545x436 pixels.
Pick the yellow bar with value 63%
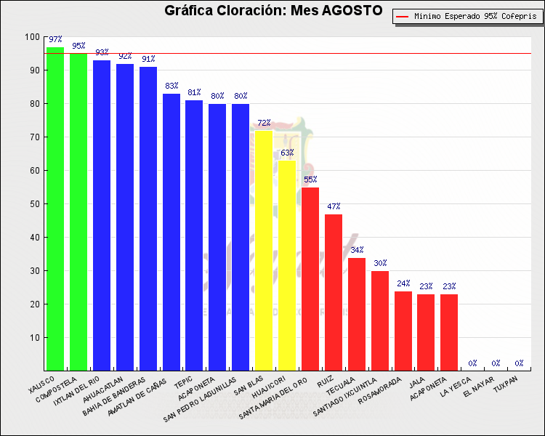coord(286,266)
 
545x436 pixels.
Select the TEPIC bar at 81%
coord(194,235)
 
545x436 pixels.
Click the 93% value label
coord(101,52)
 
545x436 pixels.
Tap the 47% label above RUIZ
coord(333,206)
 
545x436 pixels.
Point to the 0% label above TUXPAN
coord(519,363)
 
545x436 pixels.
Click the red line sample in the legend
coord(403,15)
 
